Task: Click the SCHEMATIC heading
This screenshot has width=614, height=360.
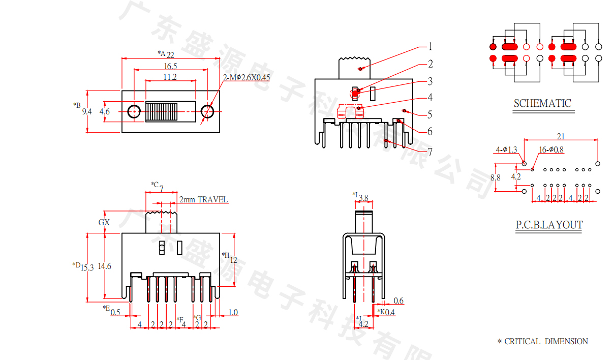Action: [x=542, y=103]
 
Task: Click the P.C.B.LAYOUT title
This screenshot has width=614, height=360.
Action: [x=549, y=225]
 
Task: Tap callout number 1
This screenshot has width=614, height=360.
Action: [x=430, y=47]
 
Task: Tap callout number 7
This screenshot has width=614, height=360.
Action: [x=430, y=151]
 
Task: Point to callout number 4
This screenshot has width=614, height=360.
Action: [x=430, y=97]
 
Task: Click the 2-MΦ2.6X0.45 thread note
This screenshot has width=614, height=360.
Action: [x=247, y=78]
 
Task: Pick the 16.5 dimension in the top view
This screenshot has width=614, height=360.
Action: [x=170, y=67]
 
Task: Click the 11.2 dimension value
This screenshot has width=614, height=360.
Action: [x=170, y=77]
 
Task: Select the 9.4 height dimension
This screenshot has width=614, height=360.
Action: [x=87, y=111]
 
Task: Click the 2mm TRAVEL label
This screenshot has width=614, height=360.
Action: [x=203, y=200]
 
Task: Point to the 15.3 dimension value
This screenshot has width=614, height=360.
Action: [x=87, y=267]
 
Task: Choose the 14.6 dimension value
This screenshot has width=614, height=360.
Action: [x=105, y=266]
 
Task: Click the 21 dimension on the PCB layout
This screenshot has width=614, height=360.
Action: [x=561, y=137]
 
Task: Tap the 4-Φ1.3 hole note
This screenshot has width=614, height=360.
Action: [x=506, y=149]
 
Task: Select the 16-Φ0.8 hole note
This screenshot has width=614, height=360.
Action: [x=551, y=149]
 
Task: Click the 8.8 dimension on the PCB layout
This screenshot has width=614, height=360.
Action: [x=496, y=177]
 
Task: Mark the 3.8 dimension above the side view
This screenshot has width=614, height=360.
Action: [x=363, y=198]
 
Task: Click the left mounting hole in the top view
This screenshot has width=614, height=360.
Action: [x=134, y=111]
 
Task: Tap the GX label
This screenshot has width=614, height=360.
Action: [x=104, y=222]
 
